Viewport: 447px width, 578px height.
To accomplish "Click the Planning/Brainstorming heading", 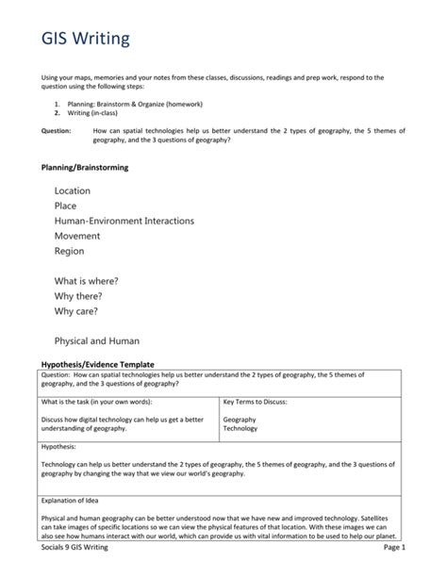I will (84, 167).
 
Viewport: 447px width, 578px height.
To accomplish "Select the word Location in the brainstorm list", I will (73, 190).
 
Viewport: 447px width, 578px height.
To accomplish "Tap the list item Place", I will (65, 206).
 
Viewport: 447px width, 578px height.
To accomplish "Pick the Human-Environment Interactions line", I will (124, 221).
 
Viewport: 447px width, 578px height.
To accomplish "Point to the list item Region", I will (69, 251).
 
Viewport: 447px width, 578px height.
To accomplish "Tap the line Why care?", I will (76, 311).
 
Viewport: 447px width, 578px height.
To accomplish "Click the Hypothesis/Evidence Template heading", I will (97, 363).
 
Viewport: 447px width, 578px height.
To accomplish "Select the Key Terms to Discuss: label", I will (256, 402).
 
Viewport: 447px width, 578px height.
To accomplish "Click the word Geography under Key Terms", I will (240, 419).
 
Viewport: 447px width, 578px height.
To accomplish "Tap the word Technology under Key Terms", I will (240, 428).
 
